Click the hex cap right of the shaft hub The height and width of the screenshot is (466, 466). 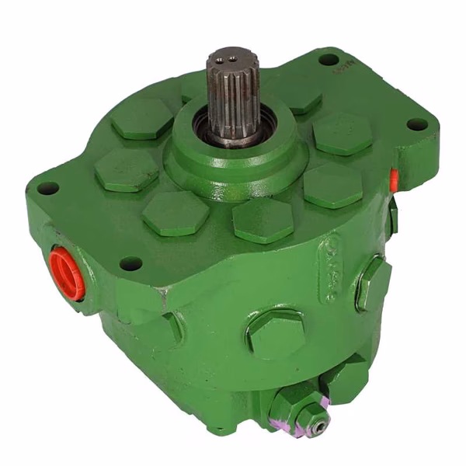[x=343, y=133]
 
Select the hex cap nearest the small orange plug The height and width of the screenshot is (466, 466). [x=333, y=184]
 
